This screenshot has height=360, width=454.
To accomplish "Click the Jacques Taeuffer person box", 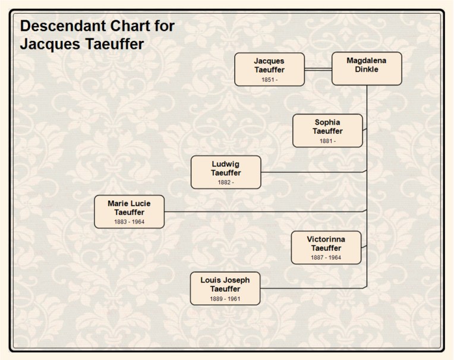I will click(269, 69).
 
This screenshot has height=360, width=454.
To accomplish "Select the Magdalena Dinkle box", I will click(366, 68).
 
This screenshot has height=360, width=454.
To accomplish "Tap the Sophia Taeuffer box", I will click(327, 130).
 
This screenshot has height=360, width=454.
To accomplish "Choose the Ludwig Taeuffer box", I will click(226, 172).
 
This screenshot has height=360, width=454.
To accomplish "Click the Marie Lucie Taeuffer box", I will click(129, 211).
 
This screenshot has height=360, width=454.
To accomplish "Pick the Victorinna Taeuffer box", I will click(326, 247).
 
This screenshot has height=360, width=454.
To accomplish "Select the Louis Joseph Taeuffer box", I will click(225, 288).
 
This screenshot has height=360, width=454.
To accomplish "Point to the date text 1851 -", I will click(269, 80).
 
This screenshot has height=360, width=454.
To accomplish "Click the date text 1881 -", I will click(327, 141).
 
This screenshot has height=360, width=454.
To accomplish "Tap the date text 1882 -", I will click(226, 182).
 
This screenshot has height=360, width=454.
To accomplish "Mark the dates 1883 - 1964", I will click(129, 222).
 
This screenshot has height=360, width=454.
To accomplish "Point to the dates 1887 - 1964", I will click(326, 258).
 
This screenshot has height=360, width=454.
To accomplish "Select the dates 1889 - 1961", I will click(225, 299).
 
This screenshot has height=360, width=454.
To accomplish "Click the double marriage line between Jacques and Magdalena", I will click(318, 70).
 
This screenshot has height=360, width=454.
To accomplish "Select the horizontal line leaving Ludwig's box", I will click(312, 172).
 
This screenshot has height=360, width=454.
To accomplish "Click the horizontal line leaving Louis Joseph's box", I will click(312, 288).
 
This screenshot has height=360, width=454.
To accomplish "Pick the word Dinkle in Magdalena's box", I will click(366, 70).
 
